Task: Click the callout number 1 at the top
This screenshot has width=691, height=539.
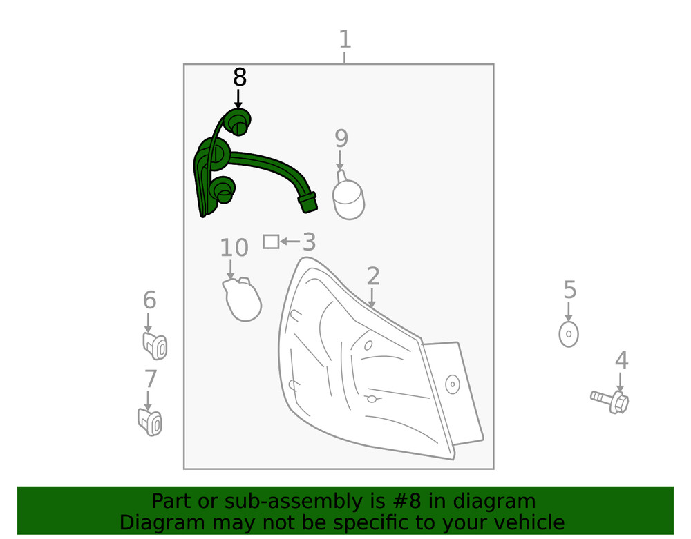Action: (x=344, y=40)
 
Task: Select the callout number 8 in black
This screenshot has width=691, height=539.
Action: (x=239, y=77)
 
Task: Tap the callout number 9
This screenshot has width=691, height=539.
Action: (x=341, y=139)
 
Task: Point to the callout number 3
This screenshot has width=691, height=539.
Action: (x=308, y=242)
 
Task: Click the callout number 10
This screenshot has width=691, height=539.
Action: (x=234, y=248)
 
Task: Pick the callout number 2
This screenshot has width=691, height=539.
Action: (x=373, y=277)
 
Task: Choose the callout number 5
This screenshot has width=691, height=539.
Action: (x=569, y=290)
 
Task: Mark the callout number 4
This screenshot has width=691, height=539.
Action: (x=621, y=360)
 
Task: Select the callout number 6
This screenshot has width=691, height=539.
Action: (x=149, y=300)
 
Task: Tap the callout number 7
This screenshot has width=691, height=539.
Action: (x=150, y=379)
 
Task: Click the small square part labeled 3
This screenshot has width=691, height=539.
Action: (x=271, y=242)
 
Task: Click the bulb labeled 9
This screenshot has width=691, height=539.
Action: (x=349, y=196)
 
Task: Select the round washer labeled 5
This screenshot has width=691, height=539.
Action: (x=568, y=334)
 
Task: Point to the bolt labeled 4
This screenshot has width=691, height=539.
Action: (x=611, y=400)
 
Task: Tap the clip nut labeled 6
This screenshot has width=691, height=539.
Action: (x=155, y=346)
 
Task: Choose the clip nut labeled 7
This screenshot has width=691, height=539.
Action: (x=150, y=422)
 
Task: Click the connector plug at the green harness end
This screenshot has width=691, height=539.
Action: (x=307, y=202)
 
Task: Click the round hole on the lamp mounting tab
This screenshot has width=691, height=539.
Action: (x=453, y=384)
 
